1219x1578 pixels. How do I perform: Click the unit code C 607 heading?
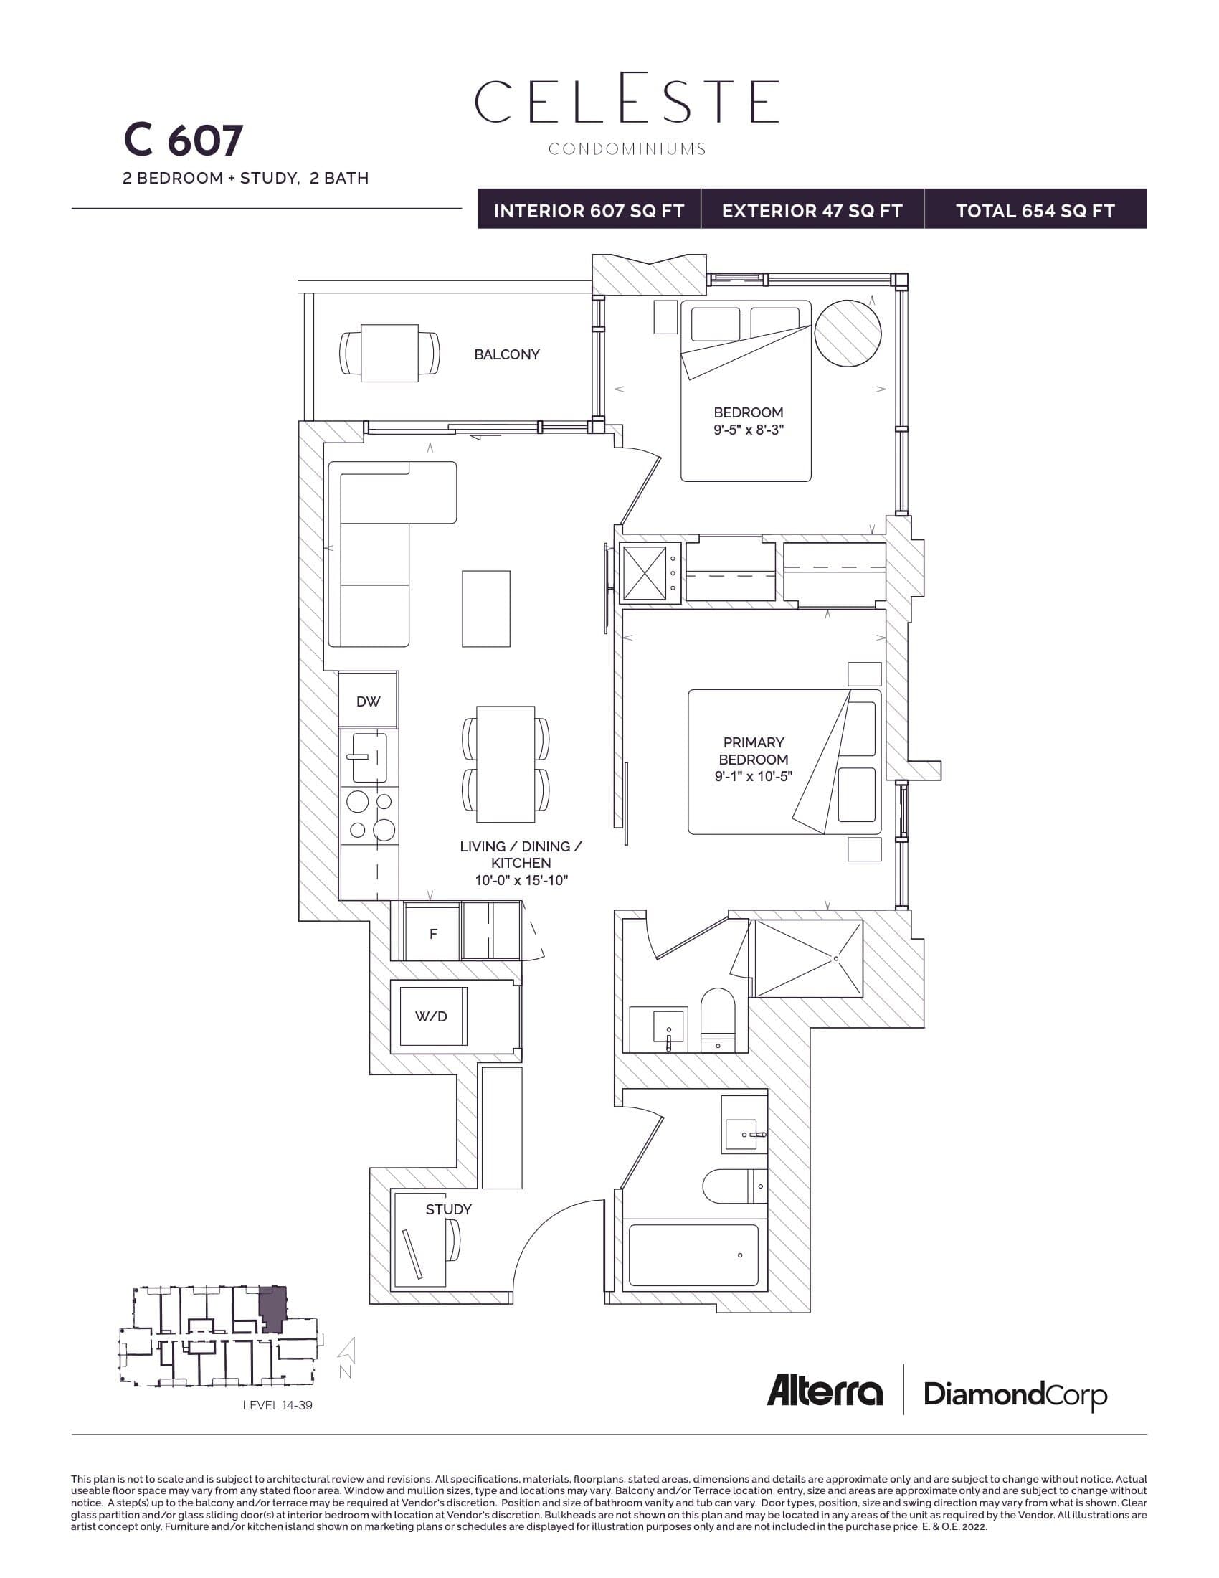click(x=184, y=140)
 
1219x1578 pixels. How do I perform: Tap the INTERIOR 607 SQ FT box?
click(x=589, y=210)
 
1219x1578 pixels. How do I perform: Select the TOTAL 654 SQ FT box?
click(x=1035, y=210)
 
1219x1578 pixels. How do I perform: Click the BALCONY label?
click(x=506, y=354)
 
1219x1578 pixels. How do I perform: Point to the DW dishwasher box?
click(x=369, y=701)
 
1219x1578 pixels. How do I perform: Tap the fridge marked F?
click(x=432, y=933)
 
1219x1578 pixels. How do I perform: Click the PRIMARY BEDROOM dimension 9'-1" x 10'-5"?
click(x=753, y=777)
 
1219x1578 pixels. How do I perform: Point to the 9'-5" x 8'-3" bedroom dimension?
click(x=748, y=430)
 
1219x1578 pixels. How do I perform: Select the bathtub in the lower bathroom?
click(x=693, y=1255)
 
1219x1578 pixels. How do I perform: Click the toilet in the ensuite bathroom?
click(x=717, y=1019)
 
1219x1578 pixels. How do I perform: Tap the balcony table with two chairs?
click(x=389, y=353)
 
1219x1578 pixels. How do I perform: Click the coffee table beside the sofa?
click(x=486, y=608)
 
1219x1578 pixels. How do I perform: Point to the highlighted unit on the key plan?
click(x=273, y=1307)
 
